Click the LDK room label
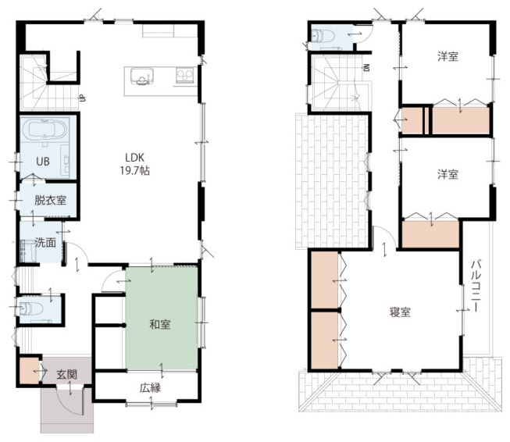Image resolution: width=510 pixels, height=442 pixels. [134, 158]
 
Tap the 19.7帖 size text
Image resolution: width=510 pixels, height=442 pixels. [134, 171]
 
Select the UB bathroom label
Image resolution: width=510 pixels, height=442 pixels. [43, 162]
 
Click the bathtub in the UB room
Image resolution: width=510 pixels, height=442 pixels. [45, 129]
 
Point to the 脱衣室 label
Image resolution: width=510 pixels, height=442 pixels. [50, 200]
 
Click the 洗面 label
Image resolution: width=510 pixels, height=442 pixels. [45, 242]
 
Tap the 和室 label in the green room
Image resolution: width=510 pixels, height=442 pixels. [159, 324]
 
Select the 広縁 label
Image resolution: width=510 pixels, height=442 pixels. [150, 387]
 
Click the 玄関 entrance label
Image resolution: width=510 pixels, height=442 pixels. [66, 374]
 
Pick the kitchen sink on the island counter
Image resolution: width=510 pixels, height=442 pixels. [142, 77]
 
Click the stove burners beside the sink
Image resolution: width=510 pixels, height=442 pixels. [185, 76]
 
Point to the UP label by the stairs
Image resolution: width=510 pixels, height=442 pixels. [83, 98]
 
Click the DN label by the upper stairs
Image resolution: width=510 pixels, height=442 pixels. [367, 68]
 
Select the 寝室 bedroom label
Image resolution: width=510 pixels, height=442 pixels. [400, 312]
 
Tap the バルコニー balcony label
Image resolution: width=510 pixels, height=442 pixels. [476, 286]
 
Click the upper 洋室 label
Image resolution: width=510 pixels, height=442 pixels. [448, 56]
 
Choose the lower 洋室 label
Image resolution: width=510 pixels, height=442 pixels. [448, 174]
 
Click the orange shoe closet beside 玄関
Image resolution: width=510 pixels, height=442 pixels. [29, 370]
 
